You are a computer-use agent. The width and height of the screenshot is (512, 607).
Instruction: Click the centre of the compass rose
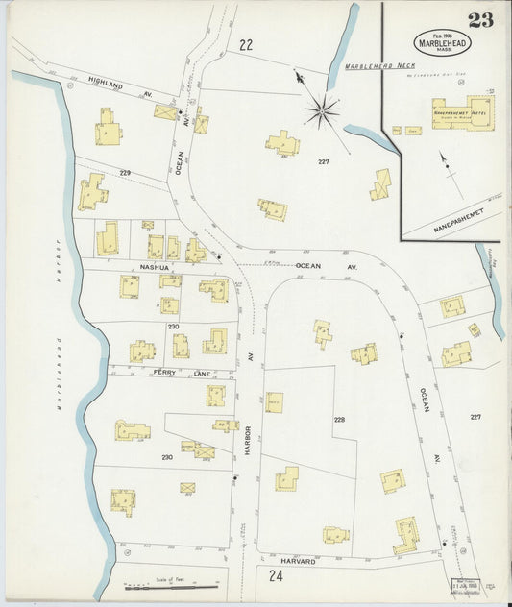pyautogui.click(x=321, y=110)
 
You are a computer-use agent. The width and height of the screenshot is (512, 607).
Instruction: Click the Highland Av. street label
pyautogui.click(x=108, y=85)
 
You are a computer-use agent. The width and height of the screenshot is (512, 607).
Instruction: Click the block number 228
pyautogui.click(x=339, y=420)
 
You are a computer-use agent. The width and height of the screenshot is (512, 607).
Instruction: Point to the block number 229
pyautogui.click(x=125, y=173)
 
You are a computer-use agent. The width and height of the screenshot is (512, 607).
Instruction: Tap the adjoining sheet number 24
pyautogui.click(x=277, y=577)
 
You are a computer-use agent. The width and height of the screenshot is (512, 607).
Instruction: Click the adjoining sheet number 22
pyautogui.click(x=246, y=44)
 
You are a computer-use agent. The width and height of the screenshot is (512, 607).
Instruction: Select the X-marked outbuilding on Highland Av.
pyautogui.click(x=165, y=111)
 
